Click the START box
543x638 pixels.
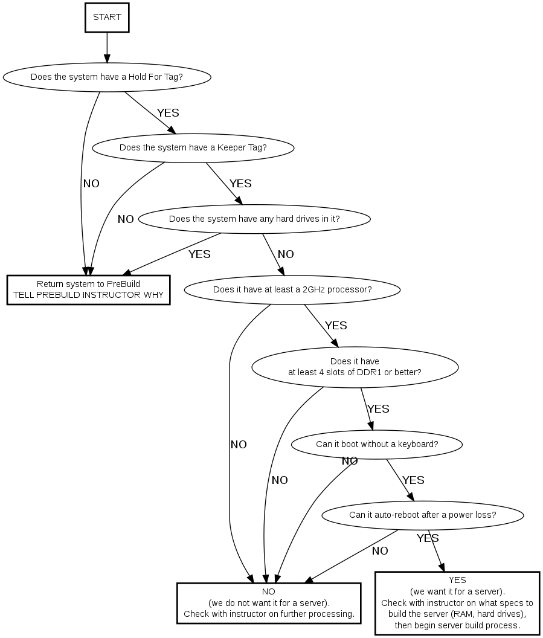click(107, 18)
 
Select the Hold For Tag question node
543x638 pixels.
click(107, 77)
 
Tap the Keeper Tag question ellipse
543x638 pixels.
click(193, 147)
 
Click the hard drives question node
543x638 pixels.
click(254, 219)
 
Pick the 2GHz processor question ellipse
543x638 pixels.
click(292, 289)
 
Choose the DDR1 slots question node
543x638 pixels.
click(355, 367)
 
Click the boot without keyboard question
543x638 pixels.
click(377, 445)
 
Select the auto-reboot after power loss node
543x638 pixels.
click(422, 515)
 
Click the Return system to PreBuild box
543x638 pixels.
click(88, 289)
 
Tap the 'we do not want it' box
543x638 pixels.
click(269, 602)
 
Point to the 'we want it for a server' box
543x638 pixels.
click(457, 602)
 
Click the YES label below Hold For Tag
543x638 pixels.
click(168, 113)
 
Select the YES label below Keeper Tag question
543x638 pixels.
click(240, 184)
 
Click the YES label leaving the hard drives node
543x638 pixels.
click(199, 254)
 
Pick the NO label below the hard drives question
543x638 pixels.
click(286, 254)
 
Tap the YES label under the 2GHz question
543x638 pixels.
click(336, 326)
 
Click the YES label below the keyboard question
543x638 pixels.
click(413, 480)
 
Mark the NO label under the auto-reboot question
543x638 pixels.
click(380, 551)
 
